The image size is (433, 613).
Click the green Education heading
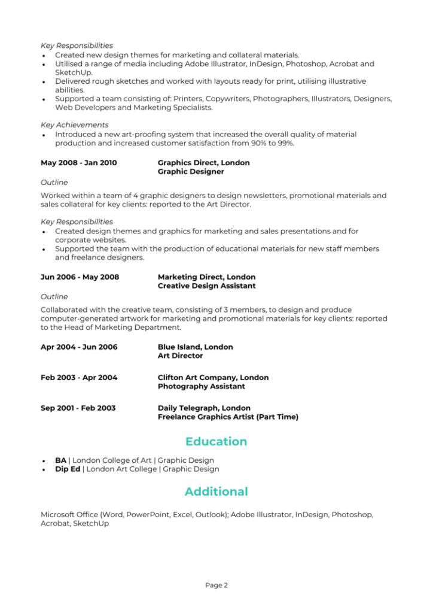(216, 442)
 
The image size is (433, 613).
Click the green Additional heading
(216, 491)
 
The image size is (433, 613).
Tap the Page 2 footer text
(216, 585)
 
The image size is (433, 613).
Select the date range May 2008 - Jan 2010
(78, 163)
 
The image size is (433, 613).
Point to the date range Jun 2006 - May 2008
(80, 277)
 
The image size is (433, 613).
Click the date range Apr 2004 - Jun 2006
(79, 347)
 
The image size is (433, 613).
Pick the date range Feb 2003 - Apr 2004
(79, 378)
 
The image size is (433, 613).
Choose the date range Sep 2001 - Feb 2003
(78, 408)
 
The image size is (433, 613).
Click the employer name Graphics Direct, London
(203, 163)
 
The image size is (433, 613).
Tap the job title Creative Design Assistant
(206, 286)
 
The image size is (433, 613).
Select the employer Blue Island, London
(195, 347)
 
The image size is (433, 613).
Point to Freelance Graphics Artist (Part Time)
(228, 417)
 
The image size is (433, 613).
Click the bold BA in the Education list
(60, 460)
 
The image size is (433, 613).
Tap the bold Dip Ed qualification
(68, 469)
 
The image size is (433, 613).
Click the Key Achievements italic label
(74, 125)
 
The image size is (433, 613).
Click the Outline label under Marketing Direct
(54, 297)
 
